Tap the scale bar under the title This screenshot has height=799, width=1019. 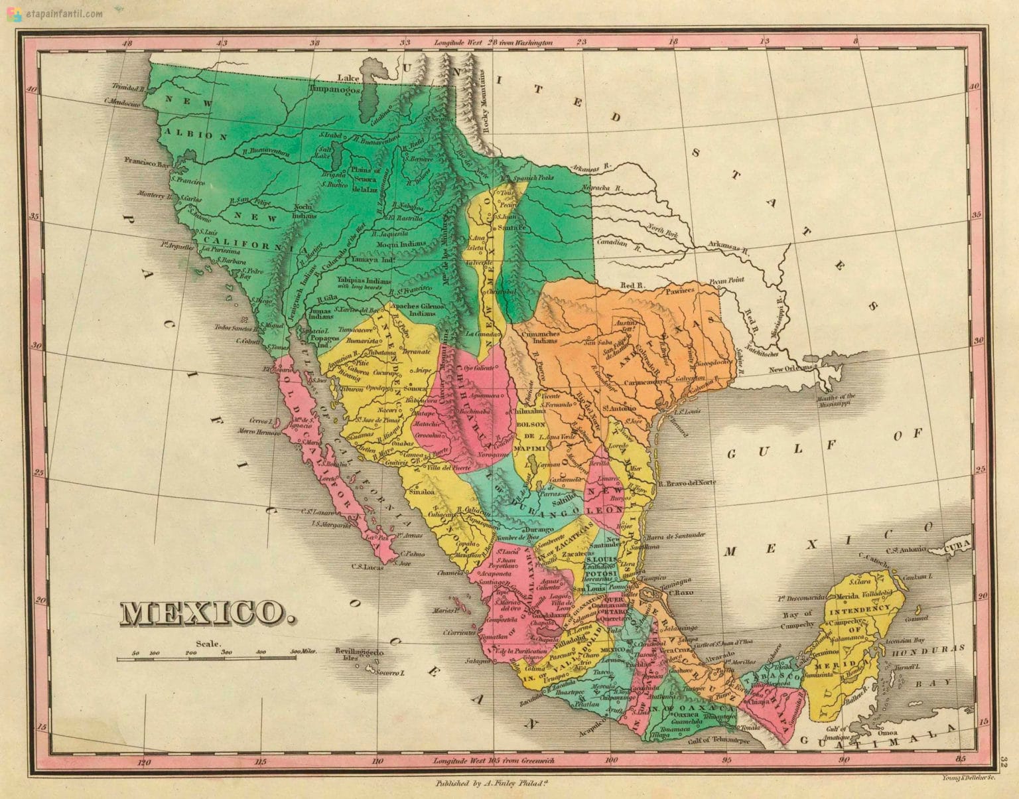click(212, 658)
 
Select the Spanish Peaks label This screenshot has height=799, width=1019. click(525, 179)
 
